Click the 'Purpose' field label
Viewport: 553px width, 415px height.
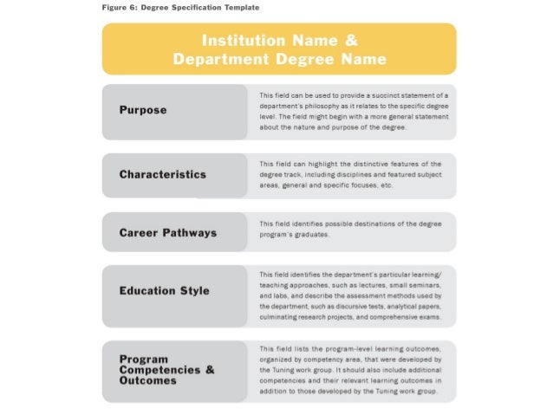(143, 111)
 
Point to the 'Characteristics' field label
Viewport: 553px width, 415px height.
(162, 174)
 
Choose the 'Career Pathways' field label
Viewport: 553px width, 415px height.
(167, 233)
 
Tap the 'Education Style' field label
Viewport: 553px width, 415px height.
(164, 290)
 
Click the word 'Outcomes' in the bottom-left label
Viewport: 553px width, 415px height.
(148, 380)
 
